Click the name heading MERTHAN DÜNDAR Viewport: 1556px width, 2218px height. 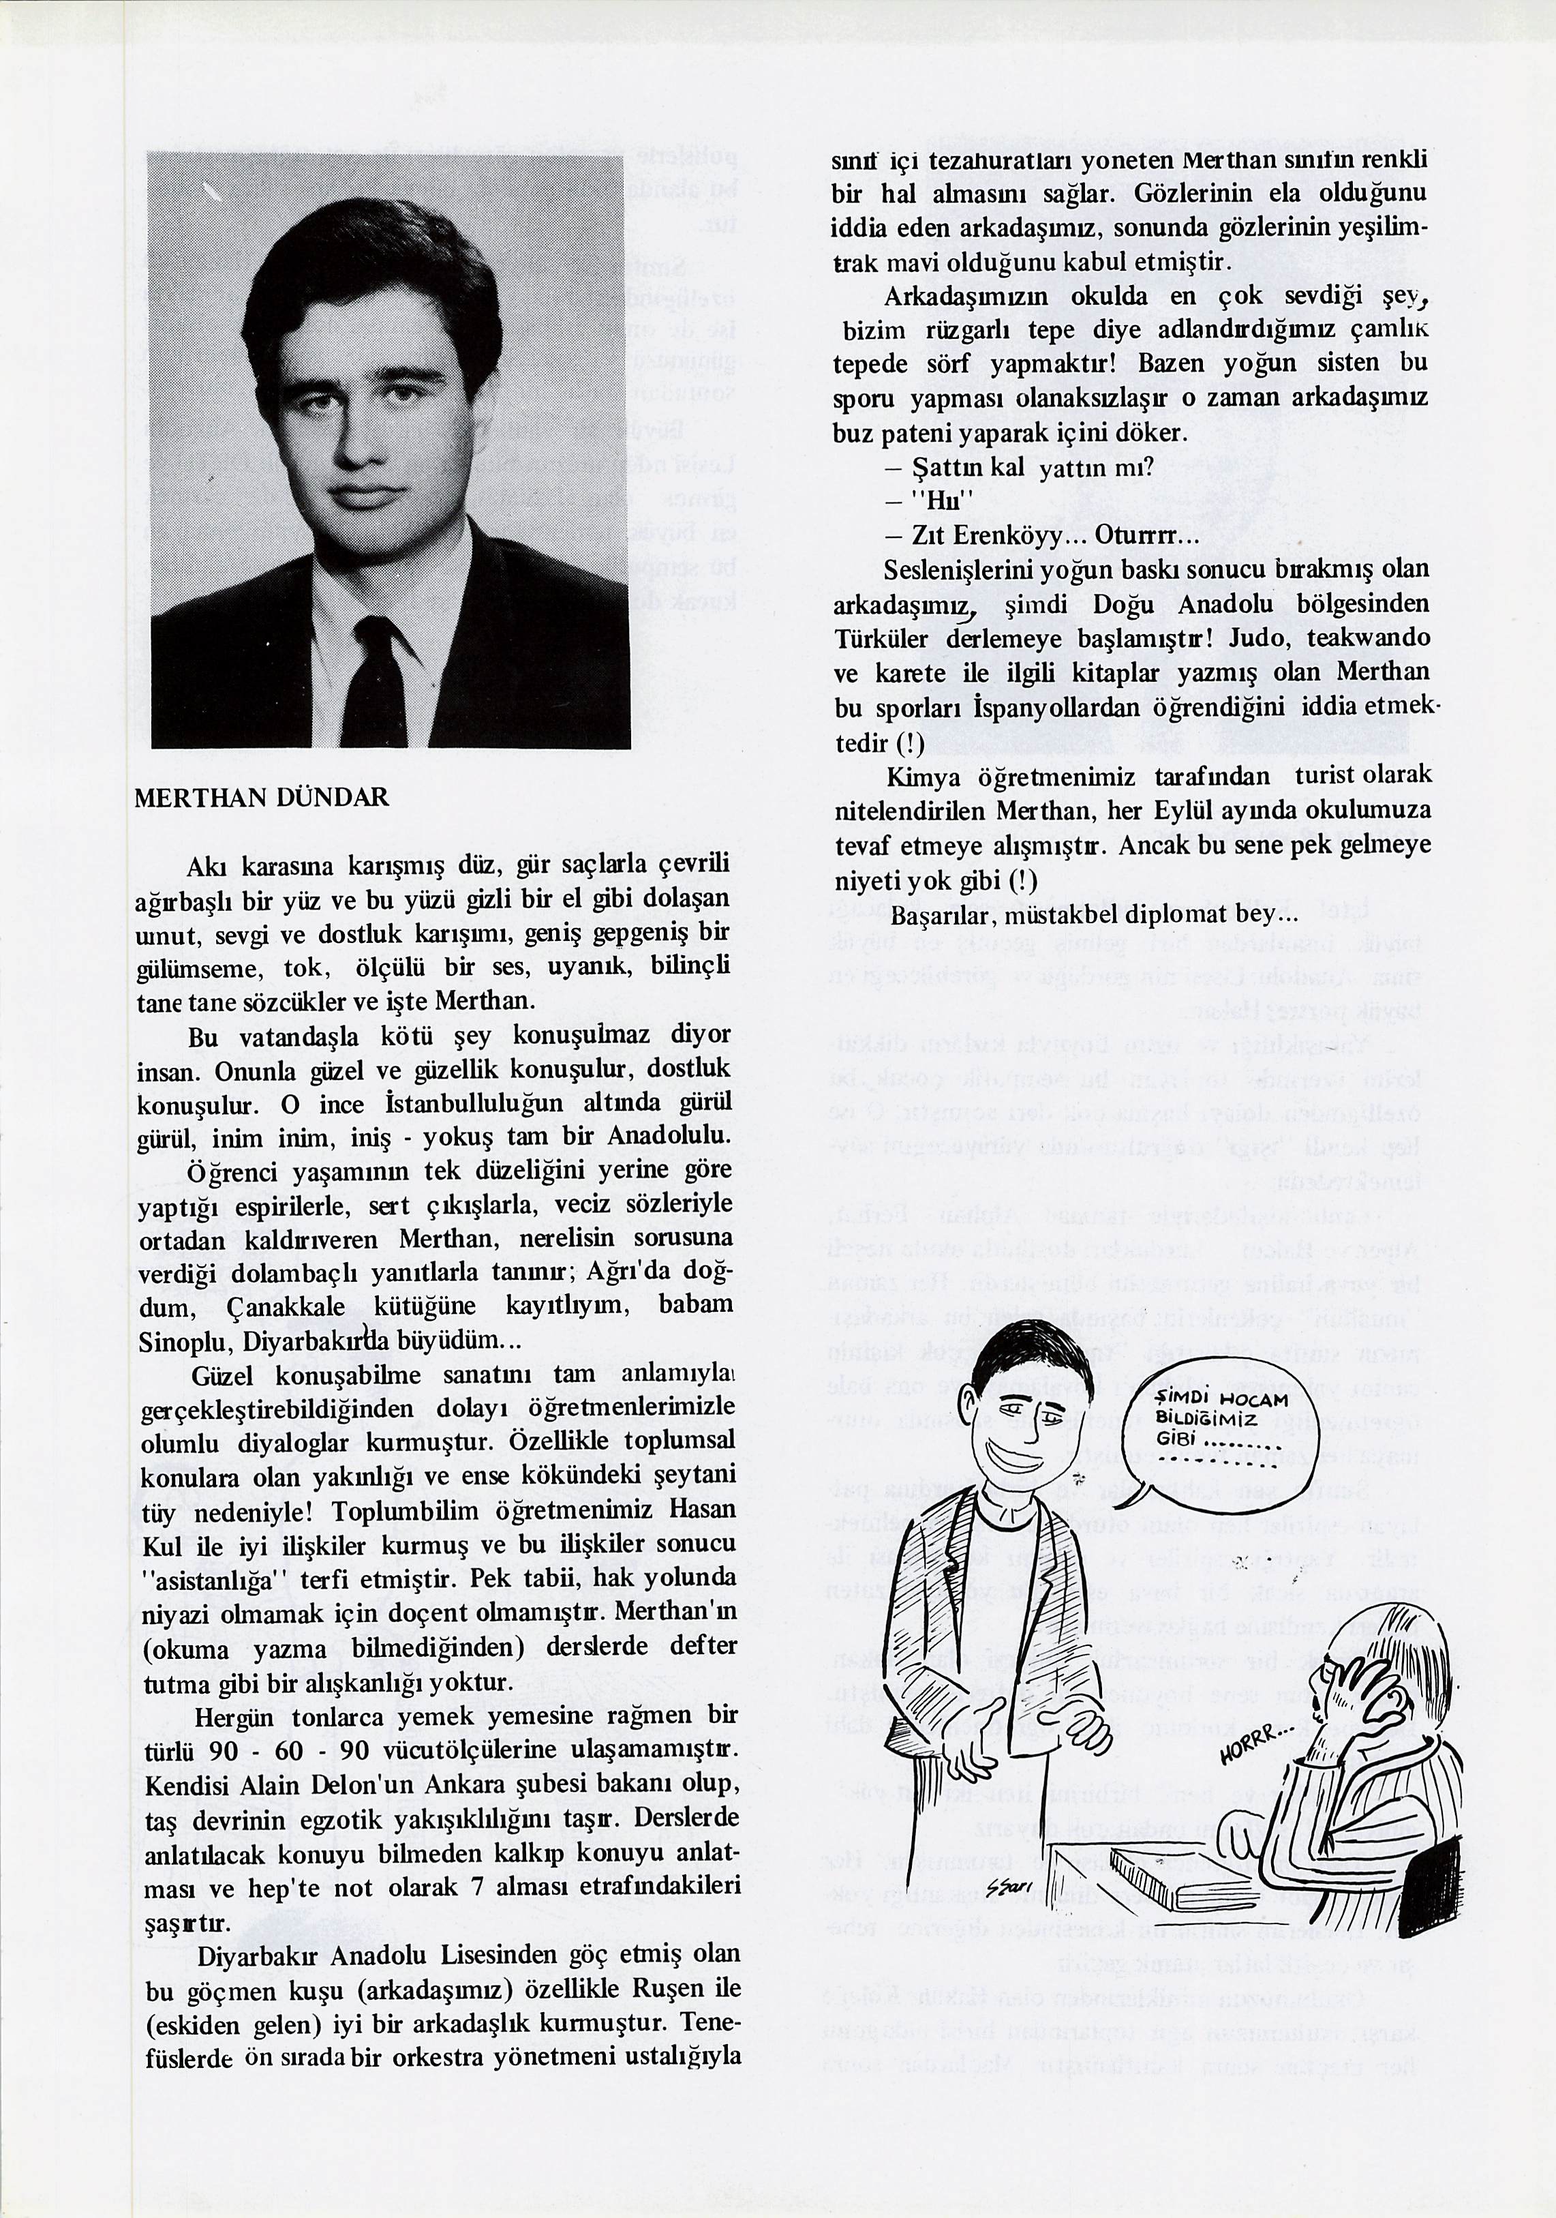tap(262, 798)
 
